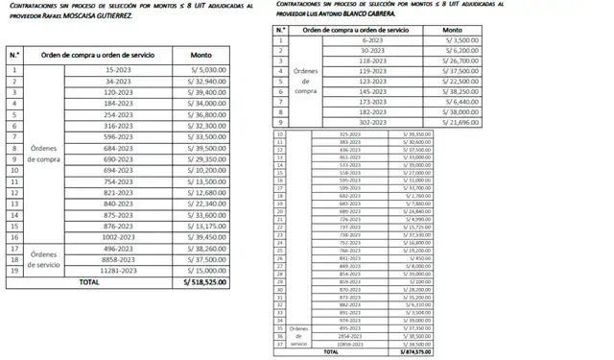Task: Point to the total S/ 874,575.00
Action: click(413, 351)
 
